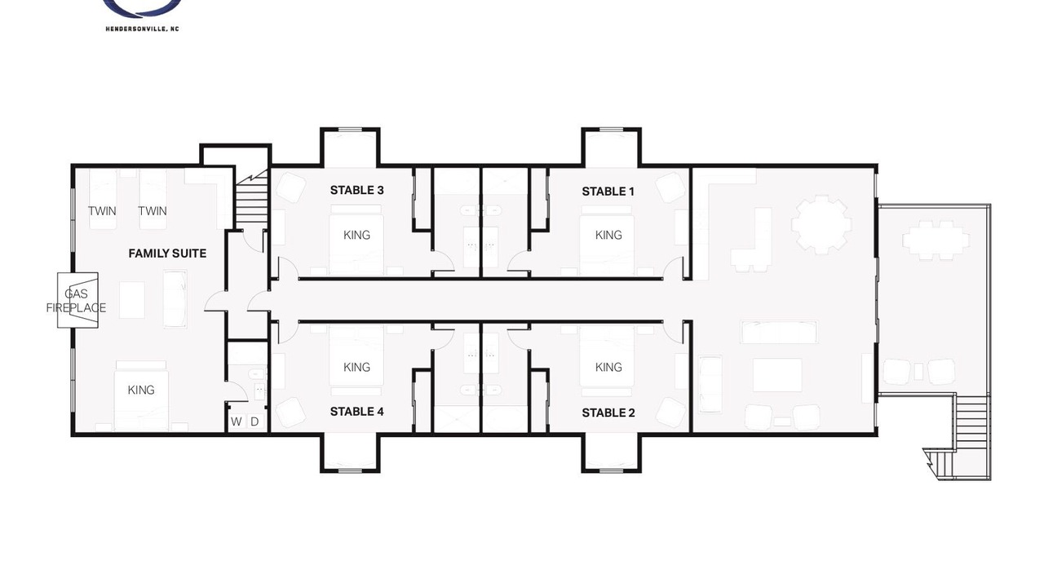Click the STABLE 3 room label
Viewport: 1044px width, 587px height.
click(x=356, y=190)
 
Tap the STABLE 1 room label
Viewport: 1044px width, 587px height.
click(x=608, y=192)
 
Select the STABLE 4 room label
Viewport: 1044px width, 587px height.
click(x=356, y=412)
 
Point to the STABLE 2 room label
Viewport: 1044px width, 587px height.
click(x=608, y=413)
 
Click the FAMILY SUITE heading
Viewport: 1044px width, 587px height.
click(x=167, y=254)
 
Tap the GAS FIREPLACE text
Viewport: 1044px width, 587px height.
click(x=76, y=301)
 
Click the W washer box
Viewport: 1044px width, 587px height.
click(x=237, y=422)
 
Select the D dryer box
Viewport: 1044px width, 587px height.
click(x=254, y=422)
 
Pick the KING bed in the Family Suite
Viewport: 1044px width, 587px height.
click(x=141, y=396)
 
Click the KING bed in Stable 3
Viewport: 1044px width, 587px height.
click(x=356, y=240)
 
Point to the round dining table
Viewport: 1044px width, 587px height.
click(x=821, y=224)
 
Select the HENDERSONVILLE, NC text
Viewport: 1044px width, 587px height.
click(x=142, y=29)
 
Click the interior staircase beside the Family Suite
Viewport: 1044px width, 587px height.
click(x=251, y=200)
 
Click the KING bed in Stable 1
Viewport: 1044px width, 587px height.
click(x=608, y=240)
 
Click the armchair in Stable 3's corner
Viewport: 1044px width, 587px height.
click(x=291, y=188)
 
